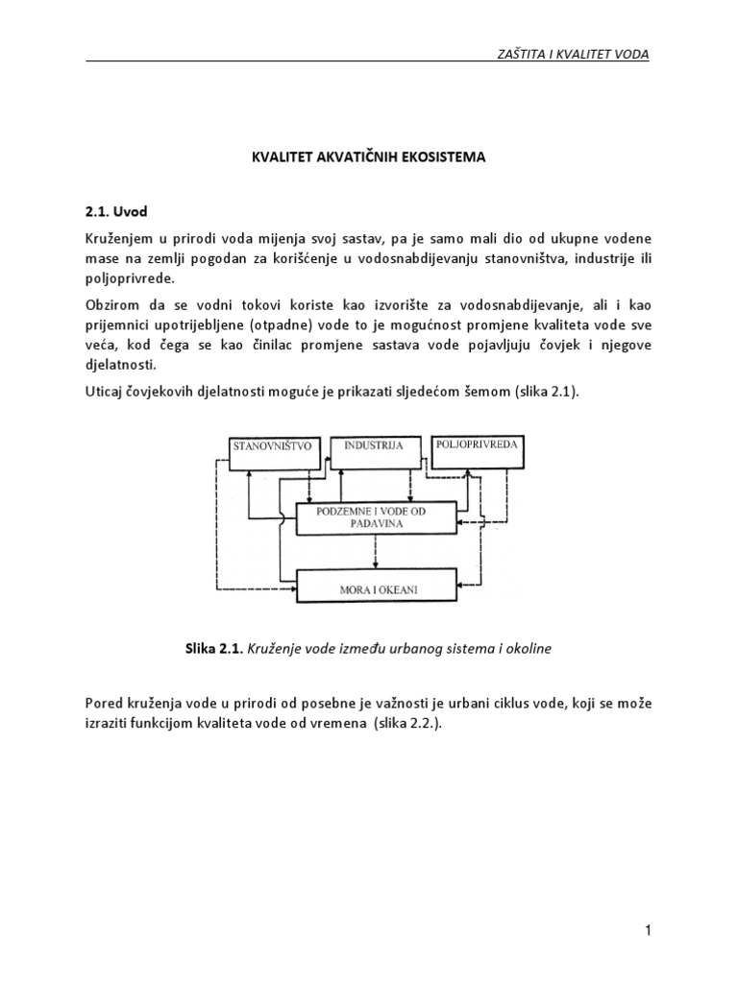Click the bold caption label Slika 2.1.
[x=213, y=649]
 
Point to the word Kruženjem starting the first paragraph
[x=119, y=236]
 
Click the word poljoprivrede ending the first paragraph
[x=131, y=277]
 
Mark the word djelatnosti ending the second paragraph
[x=119, y=366]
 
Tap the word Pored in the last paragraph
[x=104, y=705]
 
